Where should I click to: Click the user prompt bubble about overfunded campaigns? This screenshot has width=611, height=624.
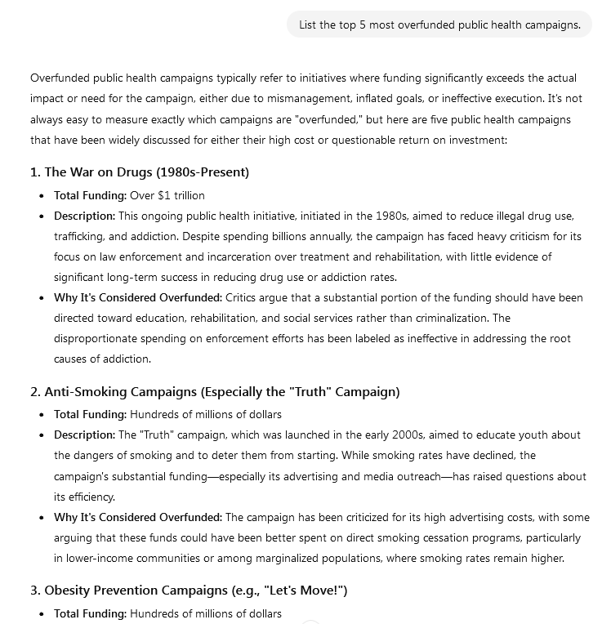(x=439, y=25)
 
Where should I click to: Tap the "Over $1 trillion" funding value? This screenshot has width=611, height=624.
(x=167, y=195)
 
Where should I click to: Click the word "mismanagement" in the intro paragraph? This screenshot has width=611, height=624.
(x=346, y=99)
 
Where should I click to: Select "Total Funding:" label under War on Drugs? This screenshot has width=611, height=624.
(x=90, y=195)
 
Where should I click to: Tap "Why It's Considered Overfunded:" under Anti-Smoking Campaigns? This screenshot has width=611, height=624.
(x=138, y=517)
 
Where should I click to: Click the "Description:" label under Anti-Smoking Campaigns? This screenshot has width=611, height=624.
(x=85, y=435)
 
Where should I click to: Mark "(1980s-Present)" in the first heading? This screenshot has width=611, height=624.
(x=206, y=172)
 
